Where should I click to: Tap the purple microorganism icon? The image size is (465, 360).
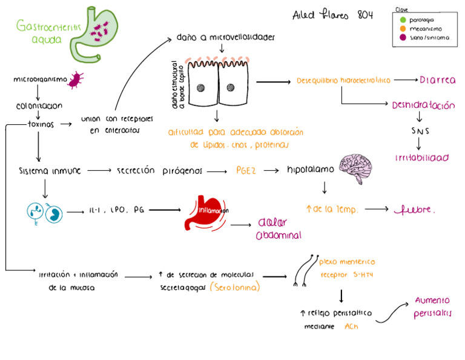click(x=76, y=79)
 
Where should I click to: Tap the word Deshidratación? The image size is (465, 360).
click(x=423, y=105)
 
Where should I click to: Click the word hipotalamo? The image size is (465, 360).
click(x=310, y=170)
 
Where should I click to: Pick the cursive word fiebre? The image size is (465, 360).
click(x=415, y=210)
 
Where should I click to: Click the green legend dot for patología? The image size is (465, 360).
click(x=403, y=20)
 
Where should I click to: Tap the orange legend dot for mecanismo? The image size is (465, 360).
click(x=403, y=28)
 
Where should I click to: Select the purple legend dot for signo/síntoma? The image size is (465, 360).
click(x=403, y=37)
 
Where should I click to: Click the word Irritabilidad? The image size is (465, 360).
click(x=422, y=158)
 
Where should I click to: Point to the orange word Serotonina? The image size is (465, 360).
click(x=236, y=288)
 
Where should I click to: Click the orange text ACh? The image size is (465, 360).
click(x=351, y=327)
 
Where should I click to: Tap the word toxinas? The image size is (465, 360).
click(x=41, y=124)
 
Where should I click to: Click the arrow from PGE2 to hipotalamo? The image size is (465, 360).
click(x=270, y=172)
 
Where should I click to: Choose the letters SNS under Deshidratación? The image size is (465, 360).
click(x=418, y=130)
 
